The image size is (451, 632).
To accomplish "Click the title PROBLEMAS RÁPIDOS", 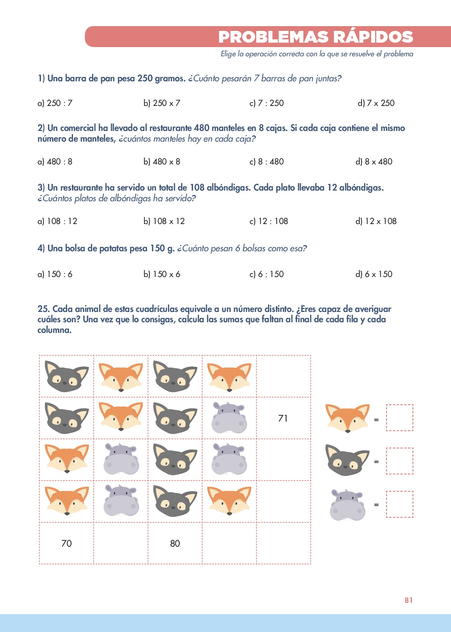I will [x=316, y=37].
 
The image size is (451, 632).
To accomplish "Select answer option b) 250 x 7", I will [x=162, y=103].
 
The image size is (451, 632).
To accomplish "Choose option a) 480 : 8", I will [x=55, y=161].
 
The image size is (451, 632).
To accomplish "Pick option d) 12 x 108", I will [x=376, y=221].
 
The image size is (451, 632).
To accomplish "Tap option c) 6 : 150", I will [x=267, y=274].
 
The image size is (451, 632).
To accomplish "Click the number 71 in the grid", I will [x=283, y=418].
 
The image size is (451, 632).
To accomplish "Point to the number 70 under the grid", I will [x=67, y=543].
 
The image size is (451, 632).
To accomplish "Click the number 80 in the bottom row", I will [x=175, y=543].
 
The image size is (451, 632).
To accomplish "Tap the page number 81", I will [x=409, y=600].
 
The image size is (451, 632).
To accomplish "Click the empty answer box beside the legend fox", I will [x=399, y=418].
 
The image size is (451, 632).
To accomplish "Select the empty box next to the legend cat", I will [x=399, y=461].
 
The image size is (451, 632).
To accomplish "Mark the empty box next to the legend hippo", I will [x=399, y=504].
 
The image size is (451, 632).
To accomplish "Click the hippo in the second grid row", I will [x=229, y=418].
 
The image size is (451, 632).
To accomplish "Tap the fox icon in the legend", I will [x=347, y=418].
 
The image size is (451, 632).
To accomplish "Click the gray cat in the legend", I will [x=347, y=460].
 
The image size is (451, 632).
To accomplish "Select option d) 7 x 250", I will [x=376, y=103].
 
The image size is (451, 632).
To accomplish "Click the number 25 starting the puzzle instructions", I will [x=43, y=309].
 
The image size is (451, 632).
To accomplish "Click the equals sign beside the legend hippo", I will [x=376, y=505].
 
